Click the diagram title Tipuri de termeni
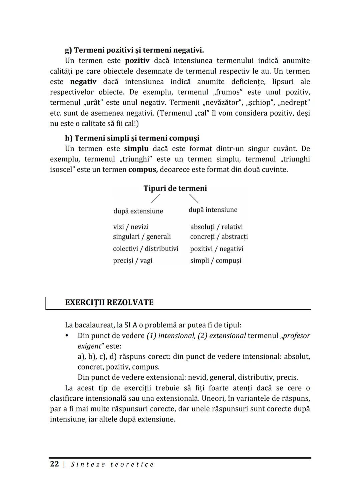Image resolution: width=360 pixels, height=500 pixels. (x=175, y=189)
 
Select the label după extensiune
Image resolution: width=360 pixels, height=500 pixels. (x=138, y=211)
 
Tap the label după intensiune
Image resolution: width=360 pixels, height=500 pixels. (x=213, y=210)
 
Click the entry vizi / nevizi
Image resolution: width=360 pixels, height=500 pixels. (x=131, y=227)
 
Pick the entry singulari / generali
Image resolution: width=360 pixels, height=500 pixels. (x=142, y=237)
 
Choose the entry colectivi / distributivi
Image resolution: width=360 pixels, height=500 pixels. (x=146, y=249)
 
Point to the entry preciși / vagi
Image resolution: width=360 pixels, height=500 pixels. (x=133, y=260)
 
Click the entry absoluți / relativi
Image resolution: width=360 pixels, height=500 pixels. (x=216, y=227)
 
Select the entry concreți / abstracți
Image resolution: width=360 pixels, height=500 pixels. (x=219, y=237)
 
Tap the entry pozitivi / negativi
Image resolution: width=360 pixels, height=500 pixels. (x=217, y=249)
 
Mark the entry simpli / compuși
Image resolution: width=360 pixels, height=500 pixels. (x=216, y=260)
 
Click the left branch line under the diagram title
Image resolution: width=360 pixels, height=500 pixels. (x=155, y=199)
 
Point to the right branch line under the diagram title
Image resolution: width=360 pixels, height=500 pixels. (x=194, y=199)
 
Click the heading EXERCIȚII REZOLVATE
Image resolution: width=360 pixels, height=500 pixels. (x=109, y=302)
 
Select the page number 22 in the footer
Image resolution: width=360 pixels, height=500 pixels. (x=54, y=464)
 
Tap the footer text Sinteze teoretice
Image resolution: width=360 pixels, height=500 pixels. (x=112, y=465)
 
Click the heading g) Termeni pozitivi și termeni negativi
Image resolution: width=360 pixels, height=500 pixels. (x=134, y=50)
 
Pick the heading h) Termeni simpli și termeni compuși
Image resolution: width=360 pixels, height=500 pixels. (x=132, y=138)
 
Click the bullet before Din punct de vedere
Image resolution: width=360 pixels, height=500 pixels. (x=67, y=336)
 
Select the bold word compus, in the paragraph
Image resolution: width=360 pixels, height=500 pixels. (x=143, y=170)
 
